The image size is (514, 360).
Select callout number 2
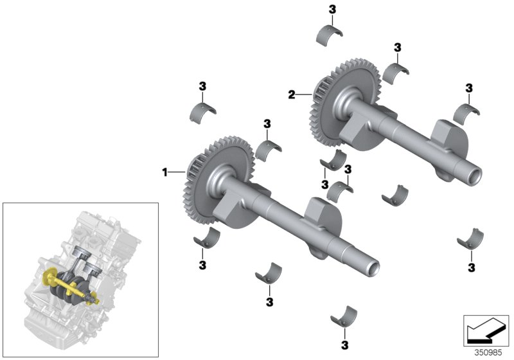[x=291, y=95]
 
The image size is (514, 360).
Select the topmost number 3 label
[x=332, y=9]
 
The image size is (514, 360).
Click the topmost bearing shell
[x=332, y=36]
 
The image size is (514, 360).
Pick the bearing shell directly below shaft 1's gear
[x=207, y=239]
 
